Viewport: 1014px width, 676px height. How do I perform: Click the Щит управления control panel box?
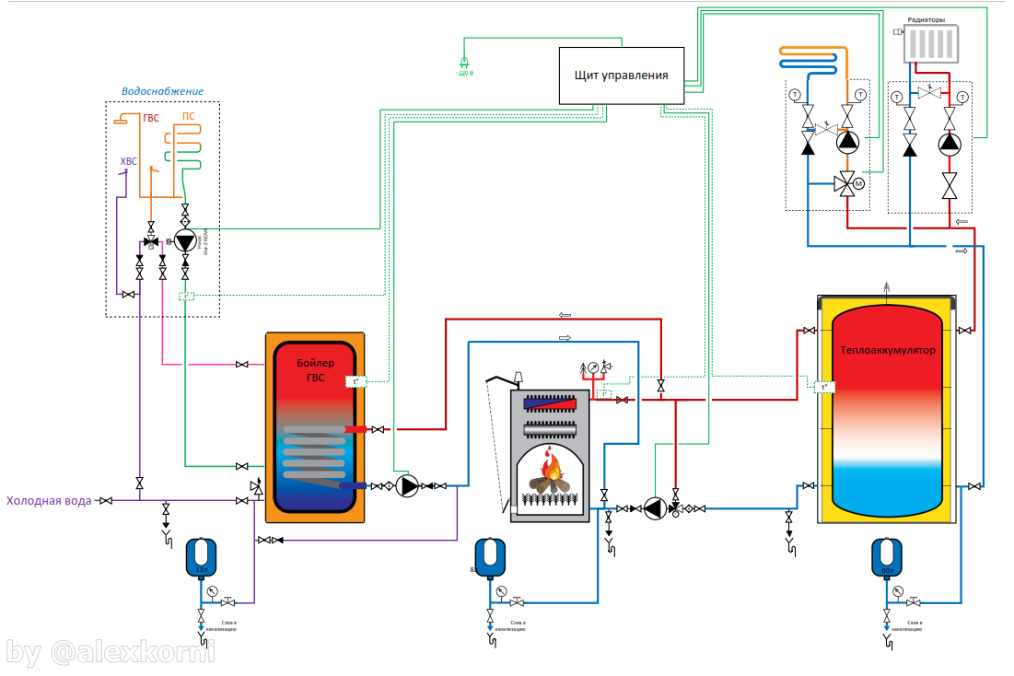tap(621, 75)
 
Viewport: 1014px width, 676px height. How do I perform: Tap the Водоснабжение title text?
tap(162, 91)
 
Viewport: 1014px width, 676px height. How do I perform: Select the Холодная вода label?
tap(49, 501)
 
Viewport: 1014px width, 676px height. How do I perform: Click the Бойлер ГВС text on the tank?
tap(317, 369)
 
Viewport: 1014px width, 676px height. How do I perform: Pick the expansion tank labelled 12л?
tap(201, 555)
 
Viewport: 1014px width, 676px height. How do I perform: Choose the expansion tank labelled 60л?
tap(886, 556)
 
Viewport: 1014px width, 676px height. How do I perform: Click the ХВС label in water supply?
tap(128, 162)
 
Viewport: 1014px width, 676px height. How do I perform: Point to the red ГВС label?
tap(151, 119)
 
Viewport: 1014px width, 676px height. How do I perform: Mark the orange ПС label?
tap(188, 116)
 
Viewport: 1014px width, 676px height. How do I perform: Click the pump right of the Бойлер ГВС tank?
tap(407, 485)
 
